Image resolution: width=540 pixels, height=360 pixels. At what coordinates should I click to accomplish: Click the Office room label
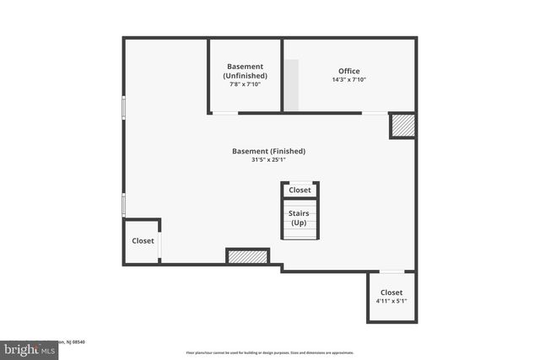pos(349,70)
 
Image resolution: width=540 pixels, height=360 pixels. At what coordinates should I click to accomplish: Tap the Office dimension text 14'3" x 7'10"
pos(349,79)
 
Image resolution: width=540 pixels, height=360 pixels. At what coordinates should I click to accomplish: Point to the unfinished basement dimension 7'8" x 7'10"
pos(245,84)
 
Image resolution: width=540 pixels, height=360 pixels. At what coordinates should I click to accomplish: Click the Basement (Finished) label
pos(268,151)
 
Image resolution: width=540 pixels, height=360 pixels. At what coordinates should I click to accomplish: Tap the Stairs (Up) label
pos(299,218)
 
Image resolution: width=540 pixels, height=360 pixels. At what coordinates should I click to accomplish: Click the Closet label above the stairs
pos(300,190)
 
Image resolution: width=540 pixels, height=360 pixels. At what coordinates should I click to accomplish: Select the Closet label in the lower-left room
pos(143,240)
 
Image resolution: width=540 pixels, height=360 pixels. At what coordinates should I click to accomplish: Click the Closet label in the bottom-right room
pos(391,292)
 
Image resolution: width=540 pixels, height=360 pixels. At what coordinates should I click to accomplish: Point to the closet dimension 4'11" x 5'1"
pos(391,301)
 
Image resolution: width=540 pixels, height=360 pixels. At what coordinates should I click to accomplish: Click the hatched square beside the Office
pos(402,126)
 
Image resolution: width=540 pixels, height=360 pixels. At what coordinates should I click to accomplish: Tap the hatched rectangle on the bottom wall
pos(247,255)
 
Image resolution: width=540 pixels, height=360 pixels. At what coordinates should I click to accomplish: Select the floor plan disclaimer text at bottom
pos(269,352)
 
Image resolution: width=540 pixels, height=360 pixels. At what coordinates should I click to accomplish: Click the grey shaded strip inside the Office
pos(290,84)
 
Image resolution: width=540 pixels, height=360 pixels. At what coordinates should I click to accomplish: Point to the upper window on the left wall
pos(124,108)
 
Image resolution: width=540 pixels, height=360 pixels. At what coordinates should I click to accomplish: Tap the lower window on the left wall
pos(124,204)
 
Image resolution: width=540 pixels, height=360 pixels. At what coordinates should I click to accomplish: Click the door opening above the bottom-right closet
pos(391,271)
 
